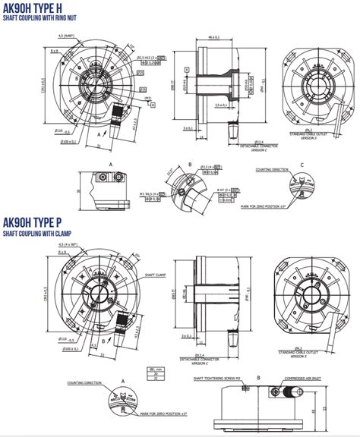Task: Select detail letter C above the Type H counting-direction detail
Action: click(x=302, y=164)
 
